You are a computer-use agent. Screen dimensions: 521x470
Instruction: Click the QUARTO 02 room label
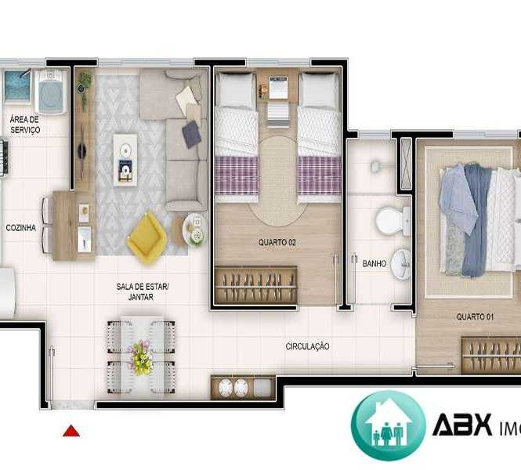click(x=277, y=243)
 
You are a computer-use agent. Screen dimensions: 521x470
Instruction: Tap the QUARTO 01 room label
click(x=475, y=316)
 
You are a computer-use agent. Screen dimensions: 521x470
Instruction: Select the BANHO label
click(x=374, y=264)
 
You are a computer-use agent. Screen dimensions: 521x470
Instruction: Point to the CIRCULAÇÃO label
click(x=307, y=346)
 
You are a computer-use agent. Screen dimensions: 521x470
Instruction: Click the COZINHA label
click(x=21, y=228)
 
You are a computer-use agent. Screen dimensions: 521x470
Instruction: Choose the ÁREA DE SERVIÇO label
click(x=25, y=125)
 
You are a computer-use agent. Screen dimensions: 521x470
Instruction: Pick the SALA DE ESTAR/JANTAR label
click(x=143, y=291)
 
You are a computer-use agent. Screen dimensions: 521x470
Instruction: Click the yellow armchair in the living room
click(x=147, y=238)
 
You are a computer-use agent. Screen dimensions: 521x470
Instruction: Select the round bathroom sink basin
click(x=400, y=265)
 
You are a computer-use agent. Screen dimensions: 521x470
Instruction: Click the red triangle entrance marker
click(x=71, y=431)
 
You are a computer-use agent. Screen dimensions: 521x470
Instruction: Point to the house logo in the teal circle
click(x=389, y=425)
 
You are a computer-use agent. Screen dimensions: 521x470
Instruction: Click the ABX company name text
click(x=462, y=425)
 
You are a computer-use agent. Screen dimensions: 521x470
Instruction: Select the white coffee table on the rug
click(x=125, y=160)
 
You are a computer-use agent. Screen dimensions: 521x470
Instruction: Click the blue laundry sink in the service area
click(x=18, y=86)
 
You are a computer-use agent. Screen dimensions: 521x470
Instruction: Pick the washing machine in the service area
click(x=50, y=92)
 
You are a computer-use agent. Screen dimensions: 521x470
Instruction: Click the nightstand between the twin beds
click(x=277, y=87)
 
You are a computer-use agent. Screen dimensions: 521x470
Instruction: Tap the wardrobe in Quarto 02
click(x=255, y=284)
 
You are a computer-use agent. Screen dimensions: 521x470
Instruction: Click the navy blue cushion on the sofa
click(x=191, y=134)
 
